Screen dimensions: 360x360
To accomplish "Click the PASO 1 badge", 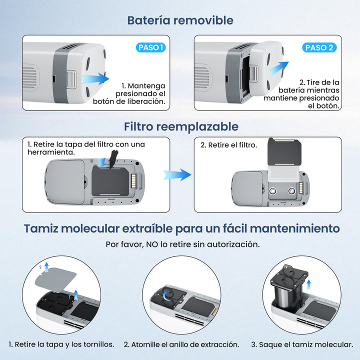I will point(150,47).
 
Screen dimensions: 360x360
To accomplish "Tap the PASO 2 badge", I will point(319,47).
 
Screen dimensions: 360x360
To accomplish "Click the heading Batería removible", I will point(180,20).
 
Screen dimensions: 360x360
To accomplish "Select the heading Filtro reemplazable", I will point(181,126).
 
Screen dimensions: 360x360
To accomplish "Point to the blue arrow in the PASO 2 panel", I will point(279,68).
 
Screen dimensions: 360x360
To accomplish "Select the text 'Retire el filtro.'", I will point(228,145).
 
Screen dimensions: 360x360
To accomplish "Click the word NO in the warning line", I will point(152,244).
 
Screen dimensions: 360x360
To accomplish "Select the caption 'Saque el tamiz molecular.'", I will point(302,344).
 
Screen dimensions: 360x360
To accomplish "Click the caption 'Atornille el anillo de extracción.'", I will point(181,344).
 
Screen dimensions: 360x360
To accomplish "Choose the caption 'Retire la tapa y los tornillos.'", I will point(61,344).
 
